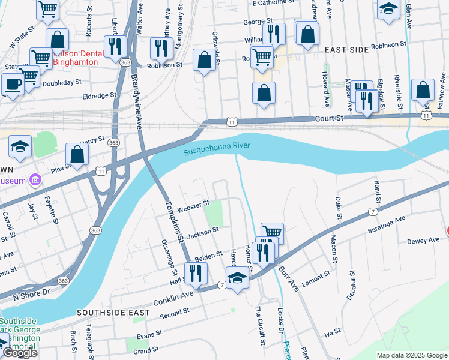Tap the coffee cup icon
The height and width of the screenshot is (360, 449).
13,83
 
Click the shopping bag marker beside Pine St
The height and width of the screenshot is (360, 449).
77,155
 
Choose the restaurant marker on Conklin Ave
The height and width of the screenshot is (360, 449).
196,274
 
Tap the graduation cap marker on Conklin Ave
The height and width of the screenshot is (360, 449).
237,278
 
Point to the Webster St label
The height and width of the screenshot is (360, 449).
193,205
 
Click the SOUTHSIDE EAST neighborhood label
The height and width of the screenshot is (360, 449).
105,313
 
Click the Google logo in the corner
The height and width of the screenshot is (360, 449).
20,353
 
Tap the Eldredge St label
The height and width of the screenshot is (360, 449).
100,95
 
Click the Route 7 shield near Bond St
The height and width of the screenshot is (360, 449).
373,212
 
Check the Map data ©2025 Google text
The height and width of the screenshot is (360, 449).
411,355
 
